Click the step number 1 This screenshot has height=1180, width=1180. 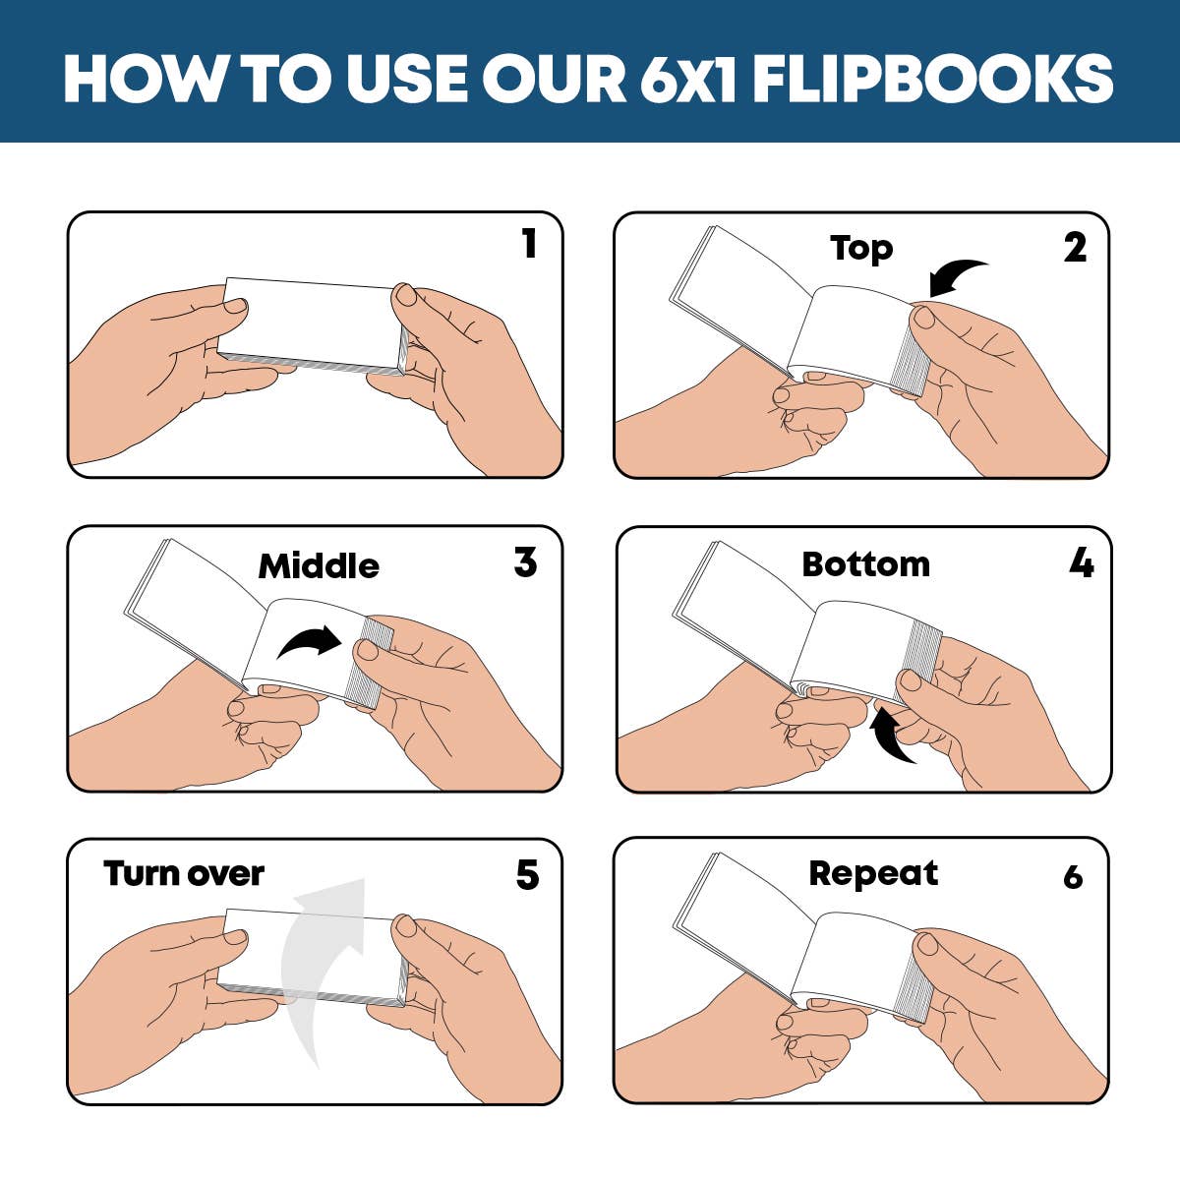coord(529,244)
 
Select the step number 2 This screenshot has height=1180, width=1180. coord(1075,248)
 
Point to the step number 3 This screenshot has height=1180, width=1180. coord(525,562)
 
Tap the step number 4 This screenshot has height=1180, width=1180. coord(1081,563)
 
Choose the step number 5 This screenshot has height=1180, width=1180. coord(527,875)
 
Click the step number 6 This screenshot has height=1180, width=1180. coord(1073,876)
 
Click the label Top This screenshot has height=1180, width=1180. coord(861,248)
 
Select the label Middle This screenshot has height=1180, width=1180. coord(319,566)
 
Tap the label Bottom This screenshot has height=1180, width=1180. coord(865,564)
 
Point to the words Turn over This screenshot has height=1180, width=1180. coord(184,873)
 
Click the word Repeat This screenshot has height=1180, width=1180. coord(873,873)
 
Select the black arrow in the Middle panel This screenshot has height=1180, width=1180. coord(310,641)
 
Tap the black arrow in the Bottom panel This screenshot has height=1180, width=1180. coord(892,736)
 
